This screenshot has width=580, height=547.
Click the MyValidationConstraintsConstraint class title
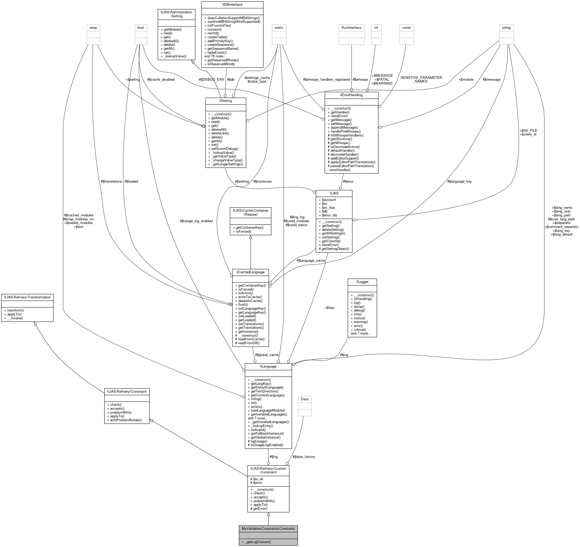point(268,528)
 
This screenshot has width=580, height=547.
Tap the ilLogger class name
point(362,282)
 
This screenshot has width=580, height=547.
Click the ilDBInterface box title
point(232,5)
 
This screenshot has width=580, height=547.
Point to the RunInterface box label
point(351,28)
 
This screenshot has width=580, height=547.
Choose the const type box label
point(406,28)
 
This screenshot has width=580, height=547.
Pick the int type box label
point(376,28)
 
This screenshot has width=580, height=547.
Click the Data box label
point(305,399)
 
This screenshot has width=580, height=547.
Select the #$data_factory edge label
point(304,457)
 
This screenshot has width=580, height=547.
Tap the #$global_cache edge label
point(267,355)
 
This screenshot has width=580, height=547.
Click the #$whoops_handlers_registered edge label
point(326,79)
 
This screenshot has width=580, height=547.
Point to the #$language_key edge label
point(459,182)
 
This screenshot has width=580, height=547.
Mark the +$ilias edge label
point(329,308)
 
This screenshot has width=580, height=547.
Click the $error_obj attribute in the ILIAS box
point(329,215)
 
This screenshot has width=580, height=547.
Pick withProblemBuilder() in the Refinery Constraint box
point(126,420)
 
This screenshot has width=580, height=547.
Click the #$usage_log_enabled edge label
point(196,221)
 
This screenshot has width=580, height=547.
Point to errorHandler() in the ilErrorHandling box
point(340,170)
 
